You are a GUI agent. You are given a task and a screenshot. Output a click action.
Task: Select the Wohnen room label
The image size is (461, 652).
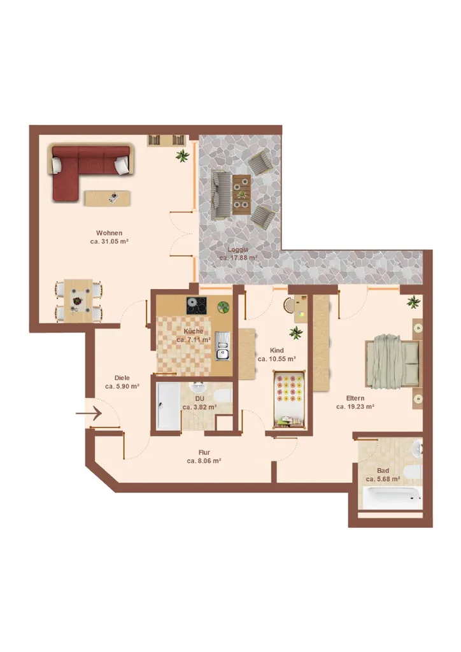tap(110, 233)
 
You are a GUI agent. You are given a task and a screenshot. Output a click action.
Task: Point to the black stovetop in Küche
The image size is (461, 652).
tap(196, 306)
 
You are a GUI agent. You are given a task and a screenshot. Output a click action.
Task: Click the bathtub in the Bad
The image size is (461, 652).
tap(392, 498)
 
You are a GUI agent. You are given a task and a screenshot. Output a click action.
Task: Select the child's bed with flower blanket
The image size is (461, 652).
tap(290, 399)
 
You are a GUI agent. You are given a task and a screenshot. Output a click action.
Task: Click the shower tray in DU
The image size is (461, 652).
tap(169, 406)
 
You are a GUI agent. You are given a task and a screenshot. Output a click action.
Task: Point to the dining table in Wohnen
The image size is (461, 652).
tap(78, 301)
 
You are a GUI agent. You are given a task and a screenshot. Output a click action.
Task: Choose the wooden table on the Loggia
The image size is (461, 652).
tap(241, 195)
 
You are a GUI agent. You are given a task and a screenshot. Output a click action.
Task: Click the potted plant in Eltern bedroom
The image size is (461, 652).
tap(413, 302)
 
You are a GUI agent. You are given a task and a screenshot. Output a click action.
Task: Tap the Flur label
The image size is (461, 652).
tap(204, 453)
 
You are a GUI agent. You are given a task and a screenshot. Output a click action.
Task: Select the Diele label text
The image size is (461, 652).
tap(122, 378)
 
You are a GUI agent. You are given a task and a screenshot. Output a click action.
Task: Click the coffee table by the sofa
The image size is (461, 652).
tap(108, 198)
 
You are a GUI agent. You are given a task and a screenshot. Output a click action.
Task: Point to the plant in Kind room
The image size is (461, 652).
tap(296, 332)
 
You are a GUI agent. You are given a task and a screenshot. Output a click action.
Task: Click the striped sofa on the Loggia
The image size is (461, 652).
tap(220, 195)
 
